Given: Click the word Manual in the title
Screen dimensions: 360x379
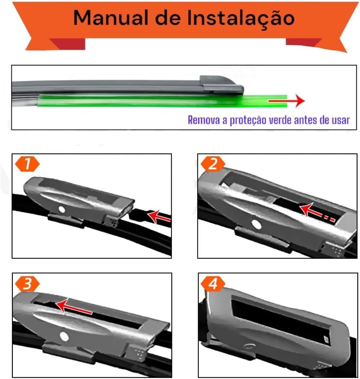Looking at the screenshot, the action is coord(110,17).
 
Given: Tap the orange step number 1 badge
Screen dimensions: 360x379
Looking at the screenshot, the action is coord(27,164).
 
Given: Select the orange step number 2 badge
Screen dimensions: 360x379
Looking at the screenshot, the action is coord(213,164).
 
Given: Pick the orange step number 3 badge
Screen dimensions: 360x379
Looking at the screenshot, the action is coord(27,283).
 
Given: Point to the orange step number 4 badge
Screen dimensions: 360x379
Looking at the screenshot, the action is coord(213,283).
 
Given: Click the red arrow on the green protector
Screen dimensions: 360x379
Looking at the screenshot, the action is coord(287,101).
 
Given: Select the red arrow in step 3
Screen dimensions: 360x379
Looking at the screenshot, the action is coord(74,307).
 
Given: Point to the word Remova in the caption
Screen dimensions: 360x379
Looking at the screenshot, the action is coord(204,120).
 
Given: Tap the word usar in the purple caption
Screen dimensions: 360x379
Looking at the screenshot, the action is coord(341,120).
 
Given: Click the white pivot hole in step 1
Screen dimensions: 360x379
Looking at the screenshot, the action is coord(62,209).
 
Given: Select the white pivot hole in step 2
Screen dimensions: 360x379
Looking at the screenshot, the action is coord(256,224).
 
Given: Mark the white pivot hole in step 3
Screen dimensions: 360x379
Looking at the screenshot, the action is coord(64,336).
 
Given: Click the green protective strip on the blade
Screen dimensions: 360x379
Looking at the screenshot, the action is coord(162,101).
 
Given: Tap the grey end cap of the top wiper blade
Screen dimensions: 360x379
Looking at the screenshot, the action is coord(222,85).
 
